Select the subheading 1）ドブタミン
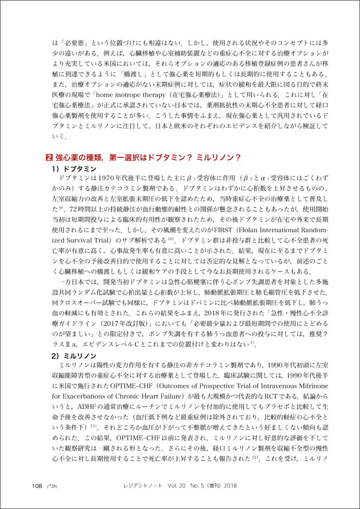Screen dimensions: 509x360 pyautogui.click(x=72, y=169)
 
